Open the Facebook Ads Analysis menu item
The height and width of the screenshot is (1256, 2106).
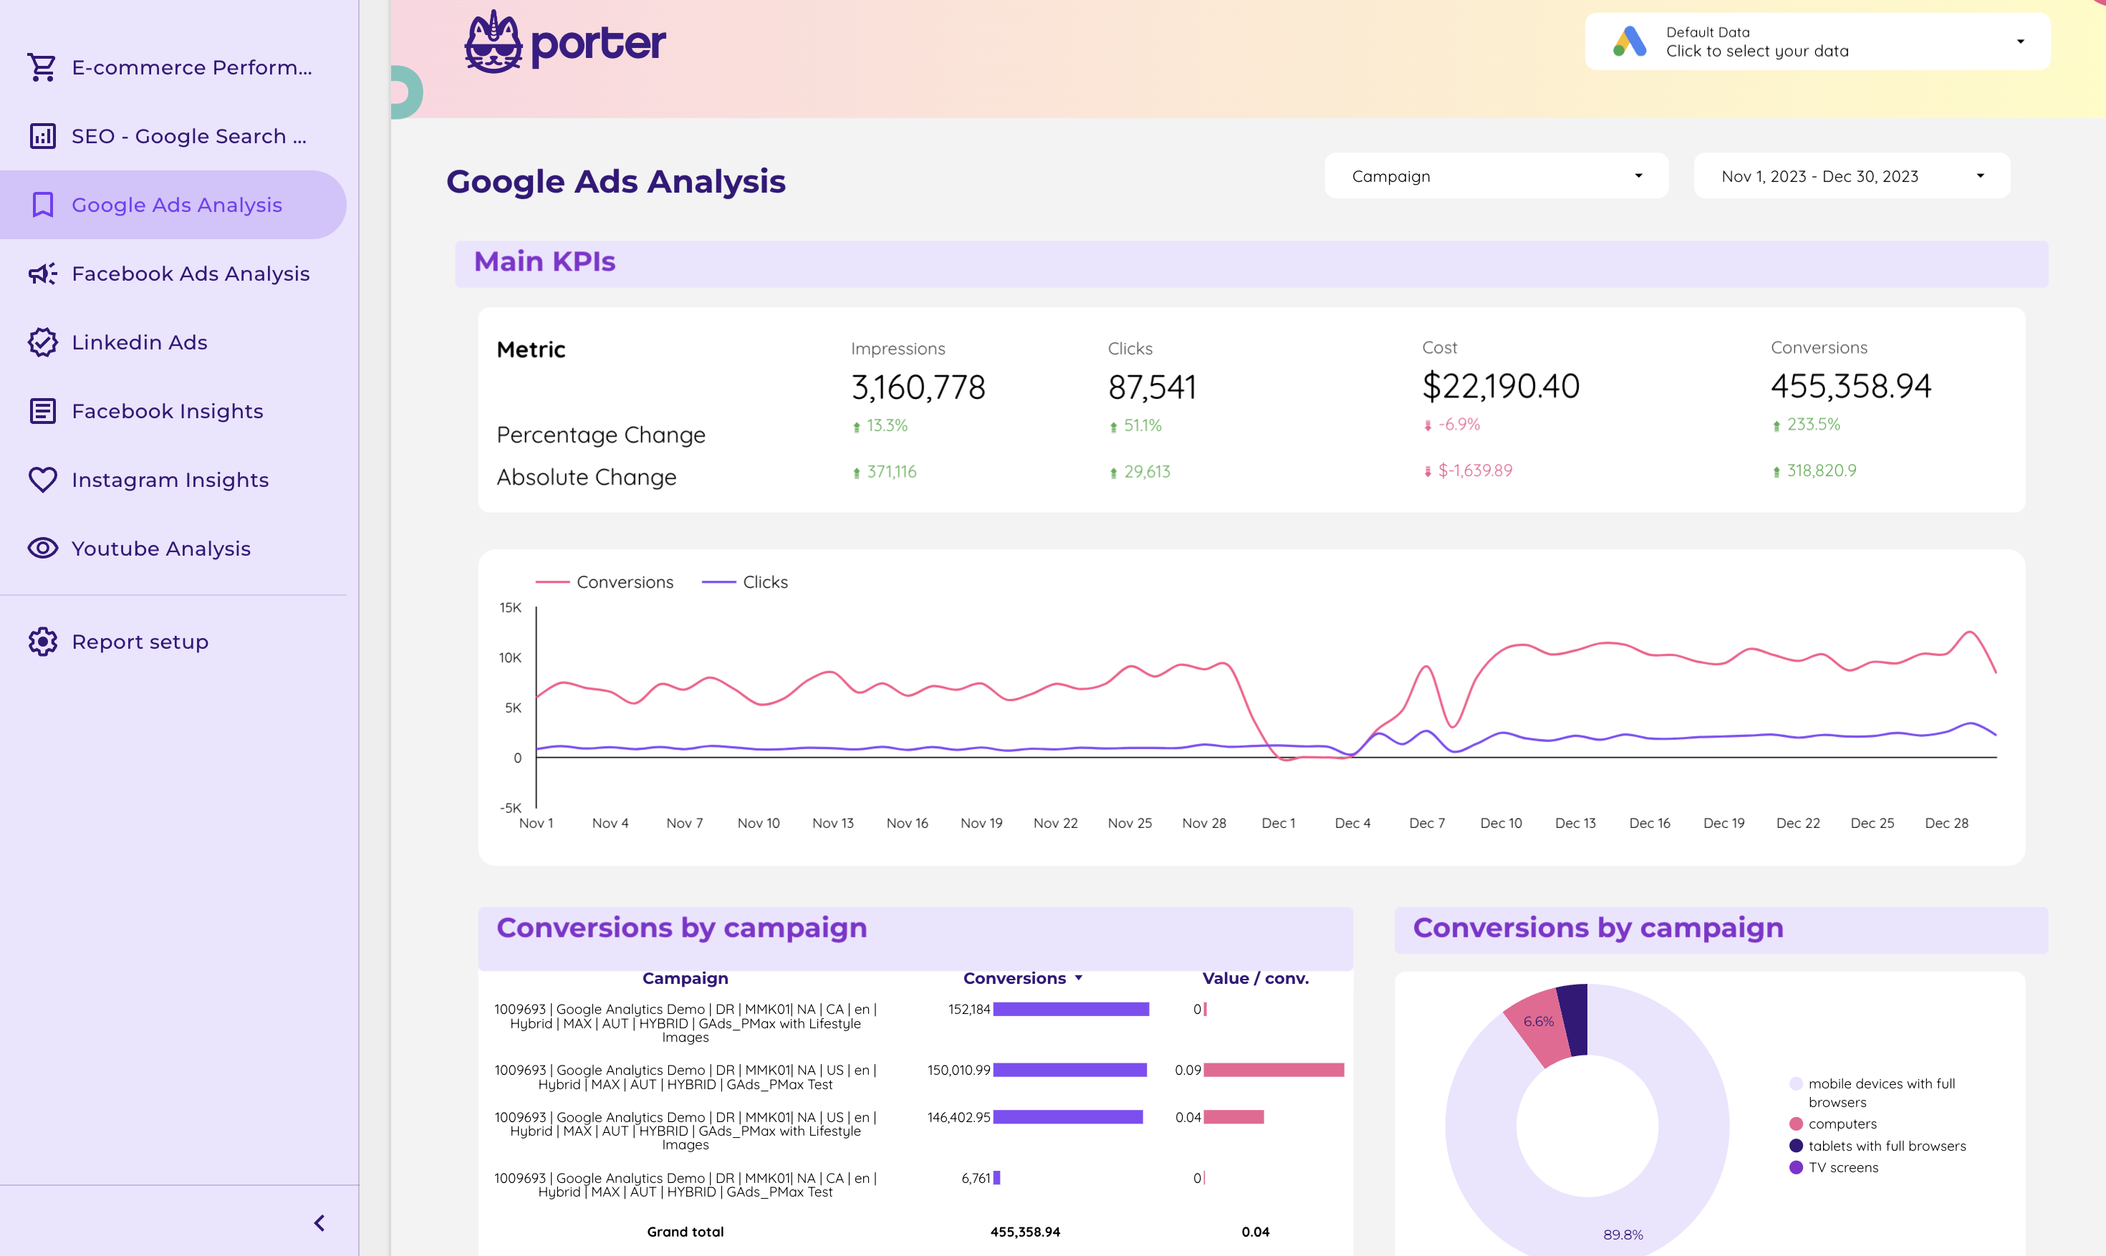click(190, 274)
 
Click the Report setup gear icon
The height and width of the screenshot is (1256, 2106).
click(42, 642)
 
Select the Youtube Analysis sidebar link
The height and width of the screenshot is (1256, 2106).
click(161, 549)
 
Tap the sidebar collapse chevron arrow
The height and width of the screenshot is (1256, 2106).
click(319, 1223)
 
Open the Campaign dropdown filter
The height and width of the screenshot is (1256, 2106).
click(1496, 176)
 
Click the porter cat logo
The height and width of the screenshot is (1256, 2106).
click(494, 42)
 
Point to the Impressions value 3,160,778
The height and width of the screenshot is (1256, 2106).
click(918, 387)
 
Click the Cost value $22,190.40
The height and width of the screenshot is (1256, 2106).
click(1500, 387)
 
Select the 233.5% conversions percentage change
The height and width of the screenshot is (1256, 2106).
click(1812, 425)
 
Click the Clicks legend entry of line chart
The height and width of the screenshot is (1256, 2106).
click(764, 582)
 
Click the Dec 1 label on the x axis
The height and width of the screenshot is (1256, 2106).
click(1277, 823)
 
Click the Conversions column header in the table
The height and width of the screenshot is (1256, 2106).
click(1014, 978)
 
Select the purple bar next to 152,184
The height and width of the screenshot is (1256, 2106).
click(1070, 1009)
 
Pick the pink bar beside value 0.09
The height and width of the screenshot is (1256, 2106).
click(1273, 1070)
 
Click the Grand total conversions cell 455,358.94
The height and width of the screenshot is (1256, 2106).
click(1024, 1232)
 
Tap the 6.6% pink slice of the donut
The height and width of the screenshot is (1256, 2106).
click(1537, 1023)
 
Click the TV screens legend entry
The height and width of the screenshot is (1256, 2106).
click(1842, 1167)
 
